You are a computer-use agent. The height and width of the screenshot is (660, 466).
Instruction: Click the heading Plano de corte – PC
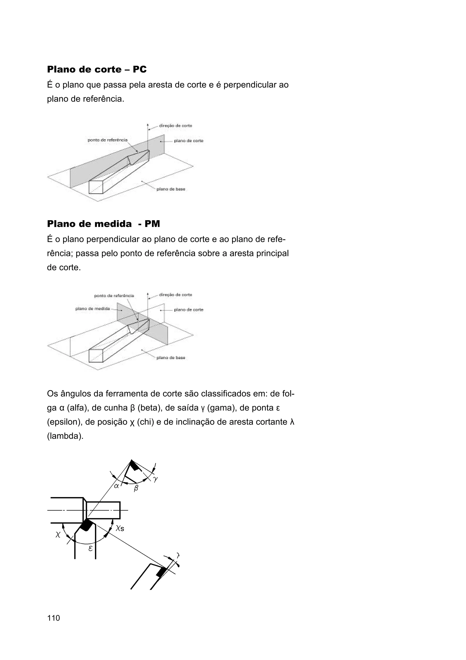click(x=97, y=69)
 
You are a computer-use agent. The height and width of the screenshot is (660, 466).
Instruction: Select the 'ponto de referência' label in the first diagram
click(x=107, y=140)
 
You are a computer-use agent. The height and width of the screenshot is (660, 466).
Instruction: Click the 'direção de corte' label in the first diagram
click(x=175, y=126)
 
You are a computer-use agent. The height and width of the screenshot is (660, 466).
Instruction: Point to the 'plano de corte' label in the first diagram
click(x=189, y=141)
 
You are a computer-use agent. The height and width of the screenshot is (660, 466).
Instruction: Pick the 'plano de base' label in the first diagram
click(x=171, y=189)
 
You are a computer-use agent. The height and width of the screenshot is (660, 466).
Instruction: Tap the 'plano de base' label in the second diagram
click(x=171, y=358)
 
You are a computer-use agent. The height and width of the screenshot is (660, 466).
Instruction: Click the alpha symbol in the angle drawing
click(x=116, y=486)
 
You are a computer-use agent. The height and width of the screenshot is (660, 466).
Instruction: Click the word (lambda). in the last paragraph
click(x=65, y=436)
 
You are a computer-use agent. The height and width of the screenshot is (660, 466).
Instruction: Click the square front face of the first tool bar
click(x=96, y=187)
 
